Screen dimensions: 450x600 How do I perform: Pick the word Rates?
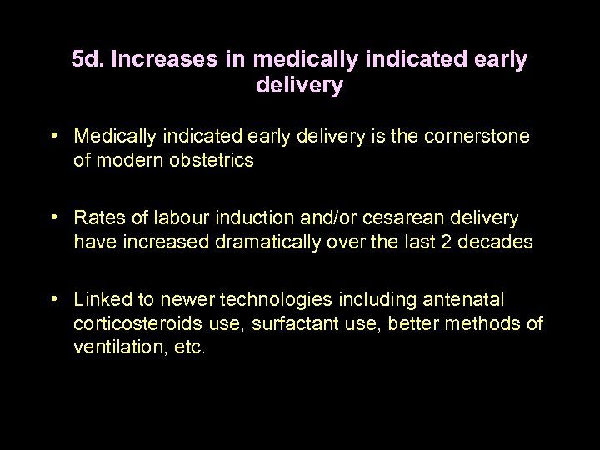pyautogui.click(x=97, y=217)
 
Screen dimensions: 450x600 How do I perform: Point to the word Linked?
pyautogui.click(x=100, y=298)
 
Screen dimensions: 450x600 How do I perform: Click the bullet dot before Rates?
pyautogui.click(x=54, y=217)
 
